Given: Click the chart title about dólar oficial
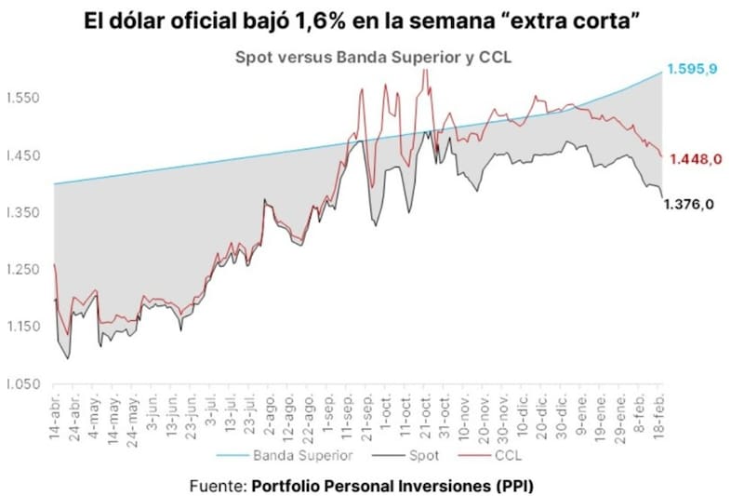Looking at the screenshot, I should point(372,20).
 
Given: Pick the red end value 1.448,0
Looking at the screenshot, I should point(695,159).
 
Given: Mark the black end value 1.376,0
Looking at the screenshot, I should point(689,206).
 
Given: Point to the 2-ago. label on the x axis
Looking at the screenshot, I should point(268,416).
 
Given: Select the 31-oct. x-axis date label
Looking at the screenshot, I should point(445,416).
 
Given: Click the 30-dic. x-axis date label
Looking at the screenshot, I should point(562,416).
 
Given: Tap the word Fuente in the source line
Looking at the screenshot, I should point(217,486).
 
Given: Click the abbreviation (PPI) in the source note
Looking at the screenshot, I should point(514,486).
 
